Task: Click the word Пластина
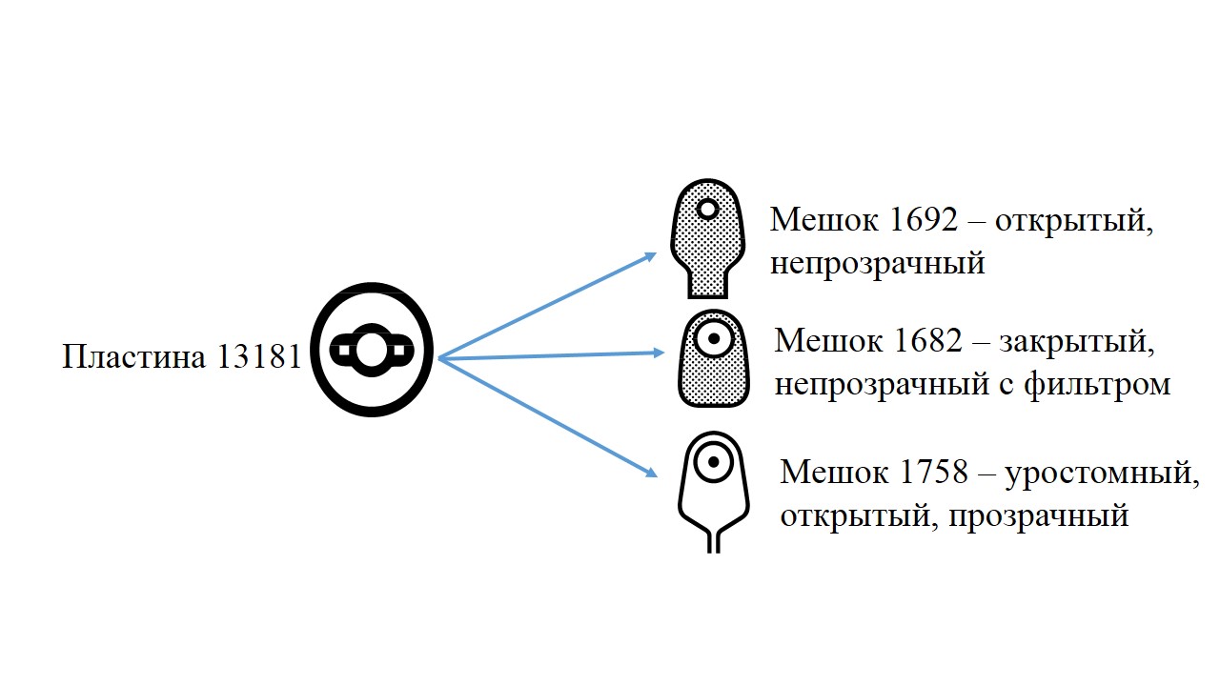pos(134,356)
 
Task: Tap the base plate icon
pos(372,350)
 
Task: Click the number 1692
pos(923,219)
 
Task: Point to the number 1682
pos(928,341)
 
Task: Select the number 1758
pos(933,472)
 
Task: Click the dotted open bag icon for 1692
pos(707,238)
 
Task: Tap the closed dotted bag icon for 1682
pos(714,358)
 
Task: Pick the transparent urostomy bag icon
pos(714,493)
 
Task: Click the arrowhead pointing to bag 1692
pos(650,256)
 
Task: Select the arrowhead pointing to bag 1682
pos(658,353)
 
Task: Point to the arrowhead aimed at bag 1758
pos(651,472)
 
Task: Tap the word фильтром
pos(1097,385)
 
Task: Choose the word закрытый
pos(1077,342)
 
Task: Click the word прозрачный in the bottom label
pos(1039,516)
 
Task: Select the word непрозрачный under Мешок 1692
pos(878,264)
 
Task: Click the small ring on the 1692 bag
pos(707,209)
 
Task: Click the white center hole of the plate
pos(372,351)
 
